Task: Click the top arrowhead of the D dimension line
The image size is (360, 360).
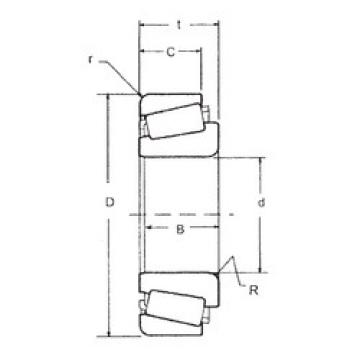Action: point(108,97)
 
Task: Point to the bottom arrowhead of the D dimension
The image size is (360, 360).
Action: point(108,332)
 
